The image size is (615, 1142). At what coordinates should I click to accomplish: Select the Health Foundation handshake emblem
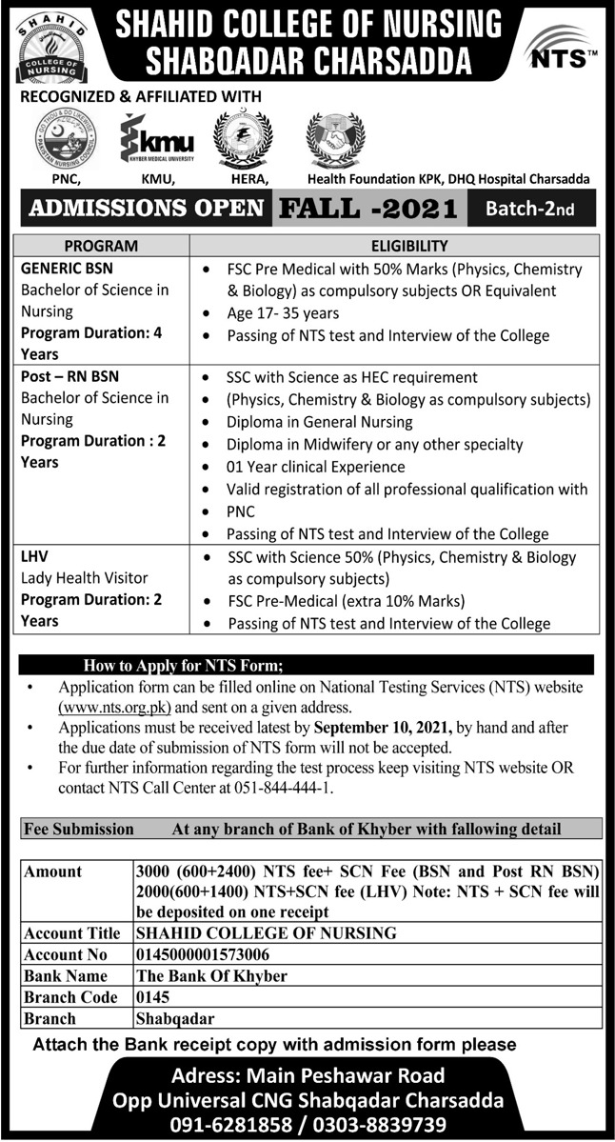pos(336,139)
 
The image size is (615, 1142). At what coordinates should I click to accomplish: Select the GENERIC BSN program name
pos(60,268)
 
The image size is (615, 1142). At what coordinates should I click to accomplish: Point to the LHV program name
pos(34,556)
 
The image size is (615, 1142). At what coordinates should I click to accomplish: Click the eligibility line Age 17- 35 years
pos(283,312)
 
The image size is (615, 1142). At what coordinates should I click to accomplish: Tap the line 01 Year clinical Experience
pos(315,467)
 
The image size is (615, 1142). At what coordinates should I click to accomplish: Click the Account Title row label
pos(72,932)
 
